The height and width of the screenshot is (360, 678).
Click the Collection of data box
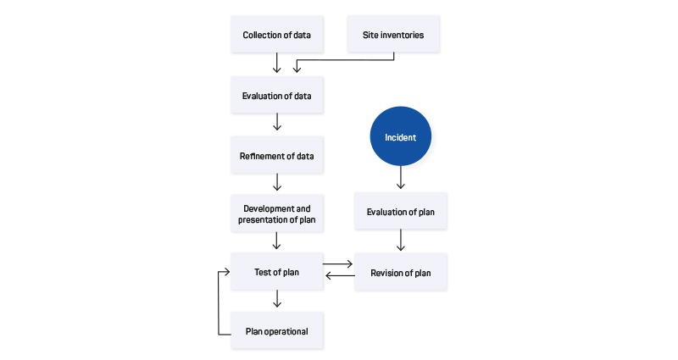[277, 35]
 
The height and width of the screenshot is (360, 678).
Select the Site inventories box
[393, 35]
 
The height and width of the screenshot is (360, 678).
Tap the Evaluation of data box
[277, 96]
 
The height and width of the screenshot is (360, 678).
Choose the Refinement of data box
[277, 156]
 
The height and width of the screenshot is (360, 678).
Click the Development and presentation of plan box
[277, 214]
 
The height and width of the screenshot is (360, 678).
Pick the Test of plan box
[277, 272]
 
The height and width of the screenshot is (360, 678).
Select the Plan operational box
[277, 331]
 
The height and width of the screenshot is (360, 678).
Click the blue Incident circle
[400, 136]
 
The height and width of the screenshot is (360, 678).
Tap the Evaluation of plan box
[401, 211]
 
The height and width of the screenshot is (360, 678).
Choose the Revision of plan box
[401, 272]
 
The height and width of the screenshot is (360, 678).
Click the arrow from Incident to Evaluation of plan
[400, 178]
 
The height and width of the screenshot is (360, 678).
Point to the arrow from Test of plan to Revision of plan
[338, 263]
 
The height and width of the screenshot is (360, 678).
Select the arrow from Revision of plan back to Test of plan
[340, 276]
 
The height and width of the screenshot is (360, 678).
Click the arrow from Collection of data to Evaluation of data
[277, 63]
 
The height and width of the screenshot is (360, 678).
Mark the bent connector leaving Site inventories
[345, 59]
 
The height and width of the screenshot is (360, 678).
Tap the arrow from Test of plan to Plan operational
[277, 299]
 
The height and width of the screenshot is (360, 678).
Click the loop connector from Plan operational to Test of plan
[219, 302]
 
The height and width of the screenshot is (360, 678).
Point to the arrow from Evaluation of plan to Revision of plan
[400, 241]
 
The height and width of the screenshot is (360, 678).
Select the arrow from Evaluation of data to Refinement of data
[277, 122]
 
